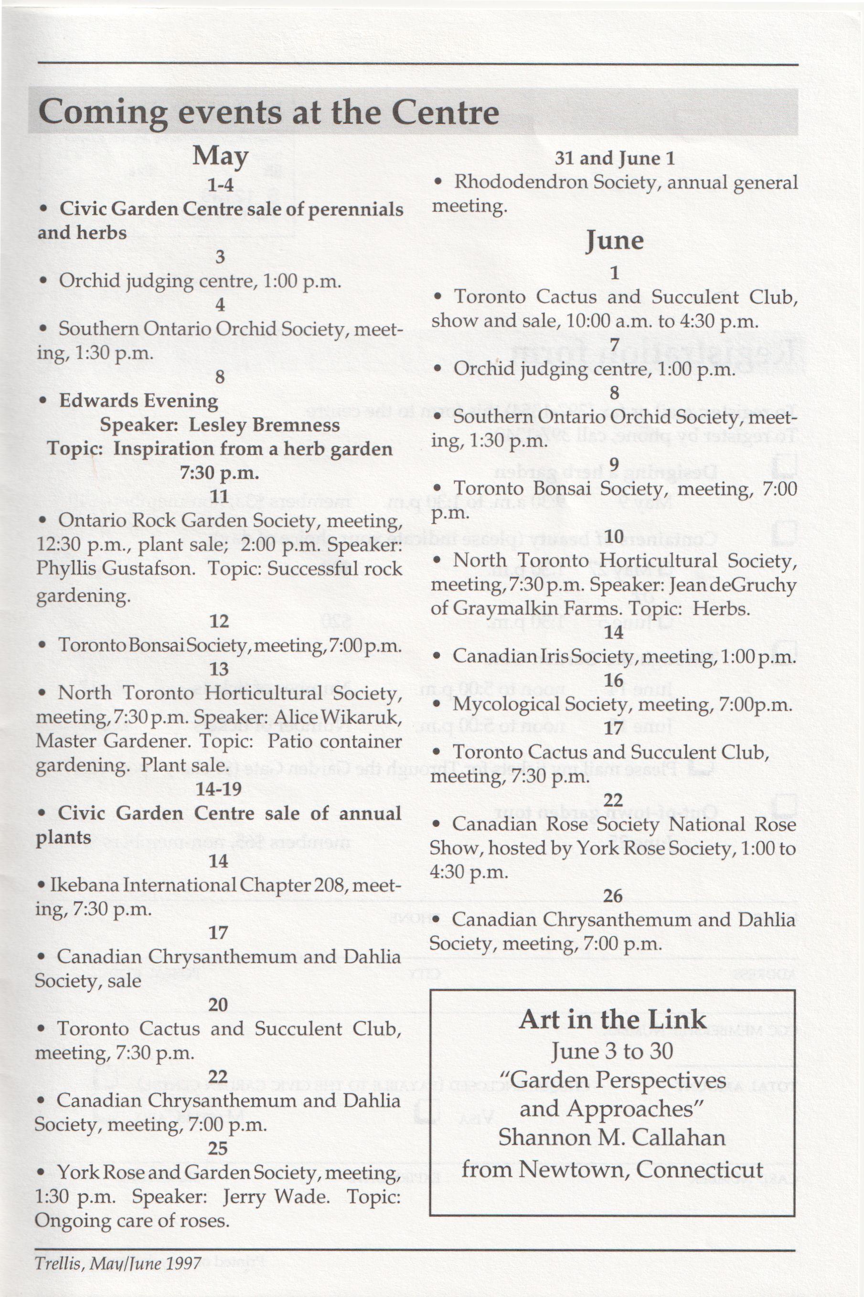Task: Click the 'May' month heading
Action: [x=220, y=157]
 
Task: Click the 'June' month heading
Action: [x=614, y=241]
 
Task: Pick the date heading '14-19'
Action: [x=218, y=789]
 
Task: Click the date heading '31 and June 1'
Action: [x=614, y=159]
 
